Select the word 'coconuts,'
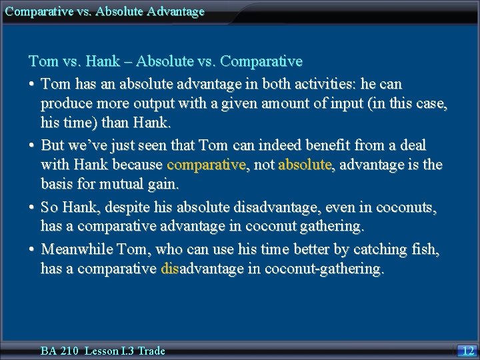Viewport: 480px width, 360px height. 406,208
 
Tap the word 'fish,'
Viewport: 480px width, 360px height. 423,249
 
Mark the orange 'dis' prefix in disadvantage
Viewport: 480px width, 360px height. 170,269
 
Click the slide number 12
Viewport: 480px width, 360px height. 468,350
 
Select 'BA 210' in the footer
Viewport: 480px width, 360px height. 59,351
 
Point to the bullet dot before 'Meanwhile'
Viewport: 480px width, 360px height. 32,250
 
